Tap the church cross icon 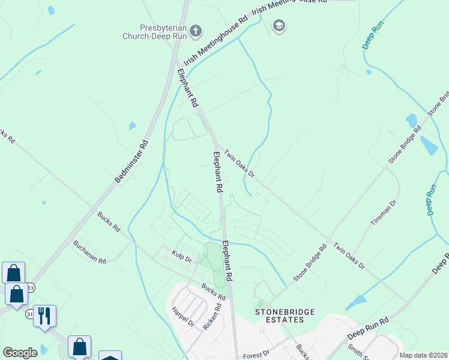(x=195, y=31)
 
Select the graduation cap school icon (x=279, y=26)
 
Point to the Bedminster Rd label (x=132, y=162)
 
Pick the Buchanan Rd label (x=89, y=252)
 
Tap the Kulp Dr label (x=181, y=259)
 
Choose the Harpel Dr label (x=183, y=317)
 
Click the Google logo (x=20, y=353)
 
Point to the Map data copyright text (x=424, y=355)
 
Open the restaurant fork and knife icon (x=44, y=315)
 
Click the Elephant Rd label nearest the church (x=188, y=88)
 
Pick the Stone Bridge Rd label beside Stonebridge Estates (x=310, y=263)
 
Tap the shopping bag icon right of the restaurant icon (x=79, y=346)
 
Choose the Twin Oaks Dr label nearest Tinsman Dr (x=349, y=255)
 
